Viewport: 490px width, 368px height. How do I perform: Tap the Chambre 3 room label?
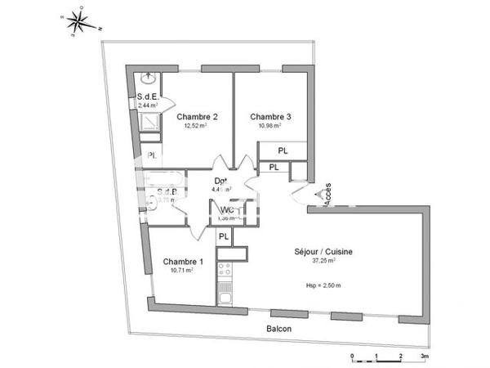coord(271,116)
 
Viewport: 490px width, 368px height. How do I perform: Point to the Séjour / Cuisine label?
coord(324,252)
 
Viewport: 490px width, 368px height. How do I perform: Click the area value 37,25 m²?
coord(324,262)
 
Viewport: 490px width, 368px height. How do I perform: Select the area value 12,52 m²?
coord(196,126)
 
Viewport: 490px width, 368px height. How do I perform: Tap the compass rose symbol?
coord(81,22)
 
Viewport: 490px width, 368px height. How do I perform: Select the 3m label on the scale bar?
coord(425,357)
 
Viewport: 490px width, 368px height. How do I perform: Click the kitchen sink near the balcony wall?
coord(225,297)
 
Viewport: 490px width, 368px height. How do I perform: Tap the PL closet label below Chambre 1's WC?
coord(222,236)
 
